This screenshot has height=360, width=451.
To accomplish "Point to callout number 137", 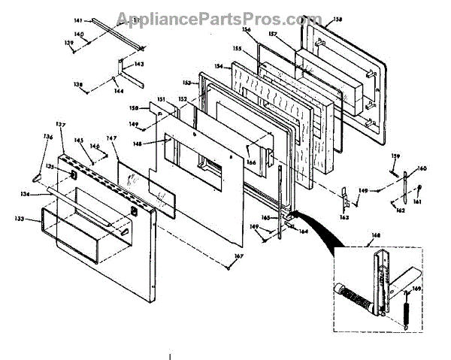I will [x=61, y=123].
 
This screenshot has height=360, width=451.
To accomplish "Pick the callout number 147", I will [x=112, y=138].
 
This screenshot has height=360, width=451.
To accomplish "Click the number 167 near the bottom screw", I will [x=239, y=259].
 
